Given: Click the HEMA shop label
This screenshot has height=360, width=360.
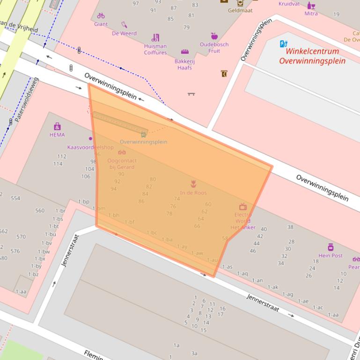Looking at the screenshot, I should click(x=57, y=135).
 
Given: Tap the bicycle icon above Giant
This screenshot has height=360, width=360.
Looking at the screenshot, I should click(x=101, y=15).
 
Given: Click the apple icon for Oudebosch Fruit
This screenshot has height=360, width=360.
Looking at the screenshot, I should click(x=214, y=36).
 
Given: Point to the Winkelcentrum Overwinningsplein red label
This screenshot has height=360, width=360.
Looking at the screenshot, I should click(x=312, y=56).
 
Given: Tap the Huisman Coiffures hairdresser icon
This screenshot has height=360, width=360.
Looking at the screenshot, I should click(x=155, y=37).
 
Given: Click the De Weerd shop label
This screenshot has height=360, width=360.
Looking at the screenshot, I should click(x=124, y=33).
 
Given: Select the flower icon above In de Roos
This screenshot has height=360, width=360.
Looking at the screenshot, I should click(x=193, y=184).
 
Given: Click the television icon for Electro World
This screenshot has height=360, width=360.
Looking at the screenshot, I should click(x=242, y=207).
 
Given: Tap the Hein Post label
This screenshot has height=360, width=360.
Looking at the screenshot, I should click(x=331, y=255).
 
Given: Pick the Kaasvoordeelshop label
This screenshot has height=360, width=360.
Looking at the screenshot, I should click(x=90, y=147).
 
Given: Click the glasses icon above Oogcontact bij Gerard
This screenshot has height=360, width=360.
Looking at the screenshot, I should click(x=122, y=152).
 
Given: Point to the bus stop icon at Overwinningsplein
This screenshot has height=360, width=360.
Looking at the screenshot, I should click(x=143, y=135).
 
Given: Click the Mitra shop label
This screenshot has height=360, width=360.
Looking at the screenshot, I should click(x=311, y=14).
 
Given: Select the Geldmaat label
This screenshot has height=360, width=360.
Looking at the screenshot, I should click(x=240, y=10).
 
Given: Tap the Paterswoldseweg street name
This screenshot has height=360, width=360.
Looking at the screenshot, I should click(x=26, y=101).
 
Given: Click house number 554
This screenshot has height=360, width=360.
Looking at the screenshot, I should click(x=15, y=198).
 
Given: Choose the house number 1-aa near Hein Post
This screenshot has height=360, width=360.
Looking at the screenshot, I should click(x=333, y=315).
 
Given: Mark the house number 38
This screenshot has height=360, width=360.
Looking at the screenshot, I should click(x=290, y=227).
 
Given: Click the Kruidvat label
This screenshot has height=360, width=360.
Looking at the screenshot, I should click(x=289, y=4).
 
